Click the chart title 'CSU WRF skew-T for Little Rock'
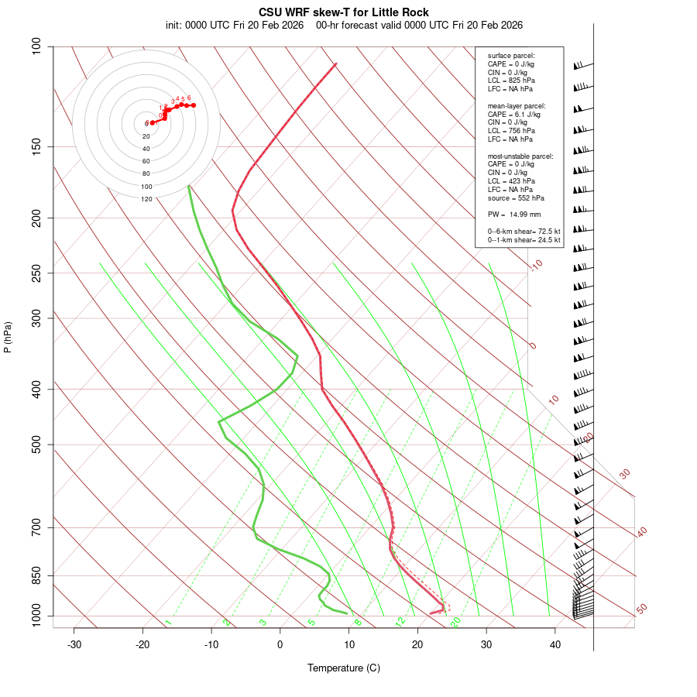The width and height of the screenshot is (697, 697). point(344,12)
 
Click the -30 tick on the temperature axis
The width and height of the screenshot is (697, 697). point(74,644)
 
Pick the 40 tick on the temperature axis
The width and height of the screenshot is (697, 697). point(555,644)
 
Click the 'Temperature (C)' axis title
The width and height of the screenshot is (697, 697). point(344,668)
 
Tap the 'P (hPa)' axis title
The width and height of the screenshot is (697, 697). point(8,337)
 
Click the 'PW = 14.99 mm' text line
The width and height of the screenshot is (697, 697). point(514,214)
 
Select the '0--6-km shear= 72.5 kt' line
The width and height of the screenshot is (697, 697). point(524,231)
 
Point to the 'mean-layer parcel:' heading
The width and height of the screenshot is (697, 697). point(516,105)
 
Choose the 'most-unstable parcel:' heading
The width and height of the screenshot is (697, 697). point(520,156)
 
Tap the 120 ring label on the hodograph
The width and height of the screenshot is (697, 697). point(146,199)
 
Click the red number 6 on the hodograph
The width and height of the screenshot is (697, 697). point(189,98)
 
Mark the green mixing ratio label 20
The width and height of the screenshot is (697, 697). point(456,621)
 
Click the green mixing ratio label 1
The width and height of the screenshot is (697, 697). point(168,623)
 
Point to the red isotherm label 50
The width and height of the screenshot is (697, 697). point(641,609)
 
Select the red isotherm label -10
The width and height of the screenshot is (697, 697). point(536,265)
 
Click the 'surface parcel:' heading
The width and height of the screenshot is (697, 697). point(511,56)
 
